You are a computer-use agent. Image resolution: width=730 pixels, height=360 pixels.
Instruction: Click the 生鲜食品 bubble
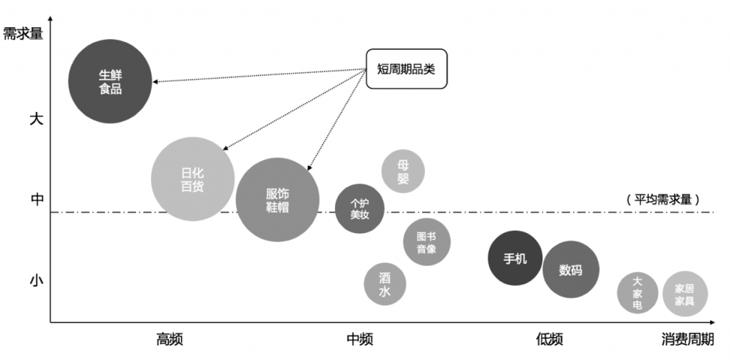[x=110, y=81]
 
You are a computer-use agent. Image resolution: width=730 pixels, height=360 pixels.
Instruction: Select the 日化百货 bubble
[x=192, y=179]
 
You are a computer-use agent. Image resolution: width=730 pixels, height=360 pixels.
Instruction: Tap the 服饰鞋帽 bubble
[x=277, y=200]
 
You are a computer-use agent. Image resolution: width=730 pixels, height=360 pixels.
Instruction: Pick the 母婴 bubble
[x=403, y=171]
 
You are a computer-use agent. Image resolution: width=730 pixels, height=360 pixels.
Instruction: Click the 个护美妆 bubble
[x=359, y=208]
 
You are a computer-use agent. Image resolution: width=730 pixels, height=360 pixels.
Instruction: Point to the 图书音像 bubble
[x=426, y=242]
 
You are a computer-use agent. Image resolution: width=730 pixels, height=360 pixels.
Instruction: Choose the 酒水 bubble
[x=385, y=284]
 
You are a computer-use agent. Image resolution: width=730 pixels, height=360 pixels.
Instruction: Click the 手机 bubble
[x=515, y=258]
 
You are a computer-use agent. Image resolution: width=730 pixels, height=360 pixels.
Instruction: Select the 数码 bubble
[x=570, y=269]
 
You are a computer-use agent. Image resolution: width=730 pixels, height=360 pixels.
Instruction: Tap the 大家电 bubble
[x=637, y=292]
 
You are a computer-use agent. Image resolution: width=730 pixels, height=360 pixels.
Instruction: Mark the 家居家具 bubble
[x=684, y=294]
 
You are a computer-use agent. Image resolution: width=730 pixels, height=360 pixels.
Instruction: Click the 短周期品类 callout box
[x=406, y=68]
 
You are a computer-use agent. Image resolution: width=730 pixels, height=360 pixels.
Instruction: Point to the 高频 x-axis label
[x=170, y=339]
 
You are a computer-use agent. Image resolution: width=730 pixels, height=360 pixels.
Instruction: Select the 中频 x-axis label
[x=359, y=339]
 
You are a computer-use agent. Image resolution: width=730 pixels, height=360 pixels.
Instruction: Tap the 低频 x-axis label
[x=549, y=339]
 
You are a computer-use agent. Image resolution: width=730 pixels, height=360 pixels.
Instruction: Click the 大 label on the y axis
[x=36, y=119]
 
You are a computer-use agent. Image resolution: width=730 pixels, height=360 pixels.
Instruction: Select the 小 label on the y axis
[x=36, y=280]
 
